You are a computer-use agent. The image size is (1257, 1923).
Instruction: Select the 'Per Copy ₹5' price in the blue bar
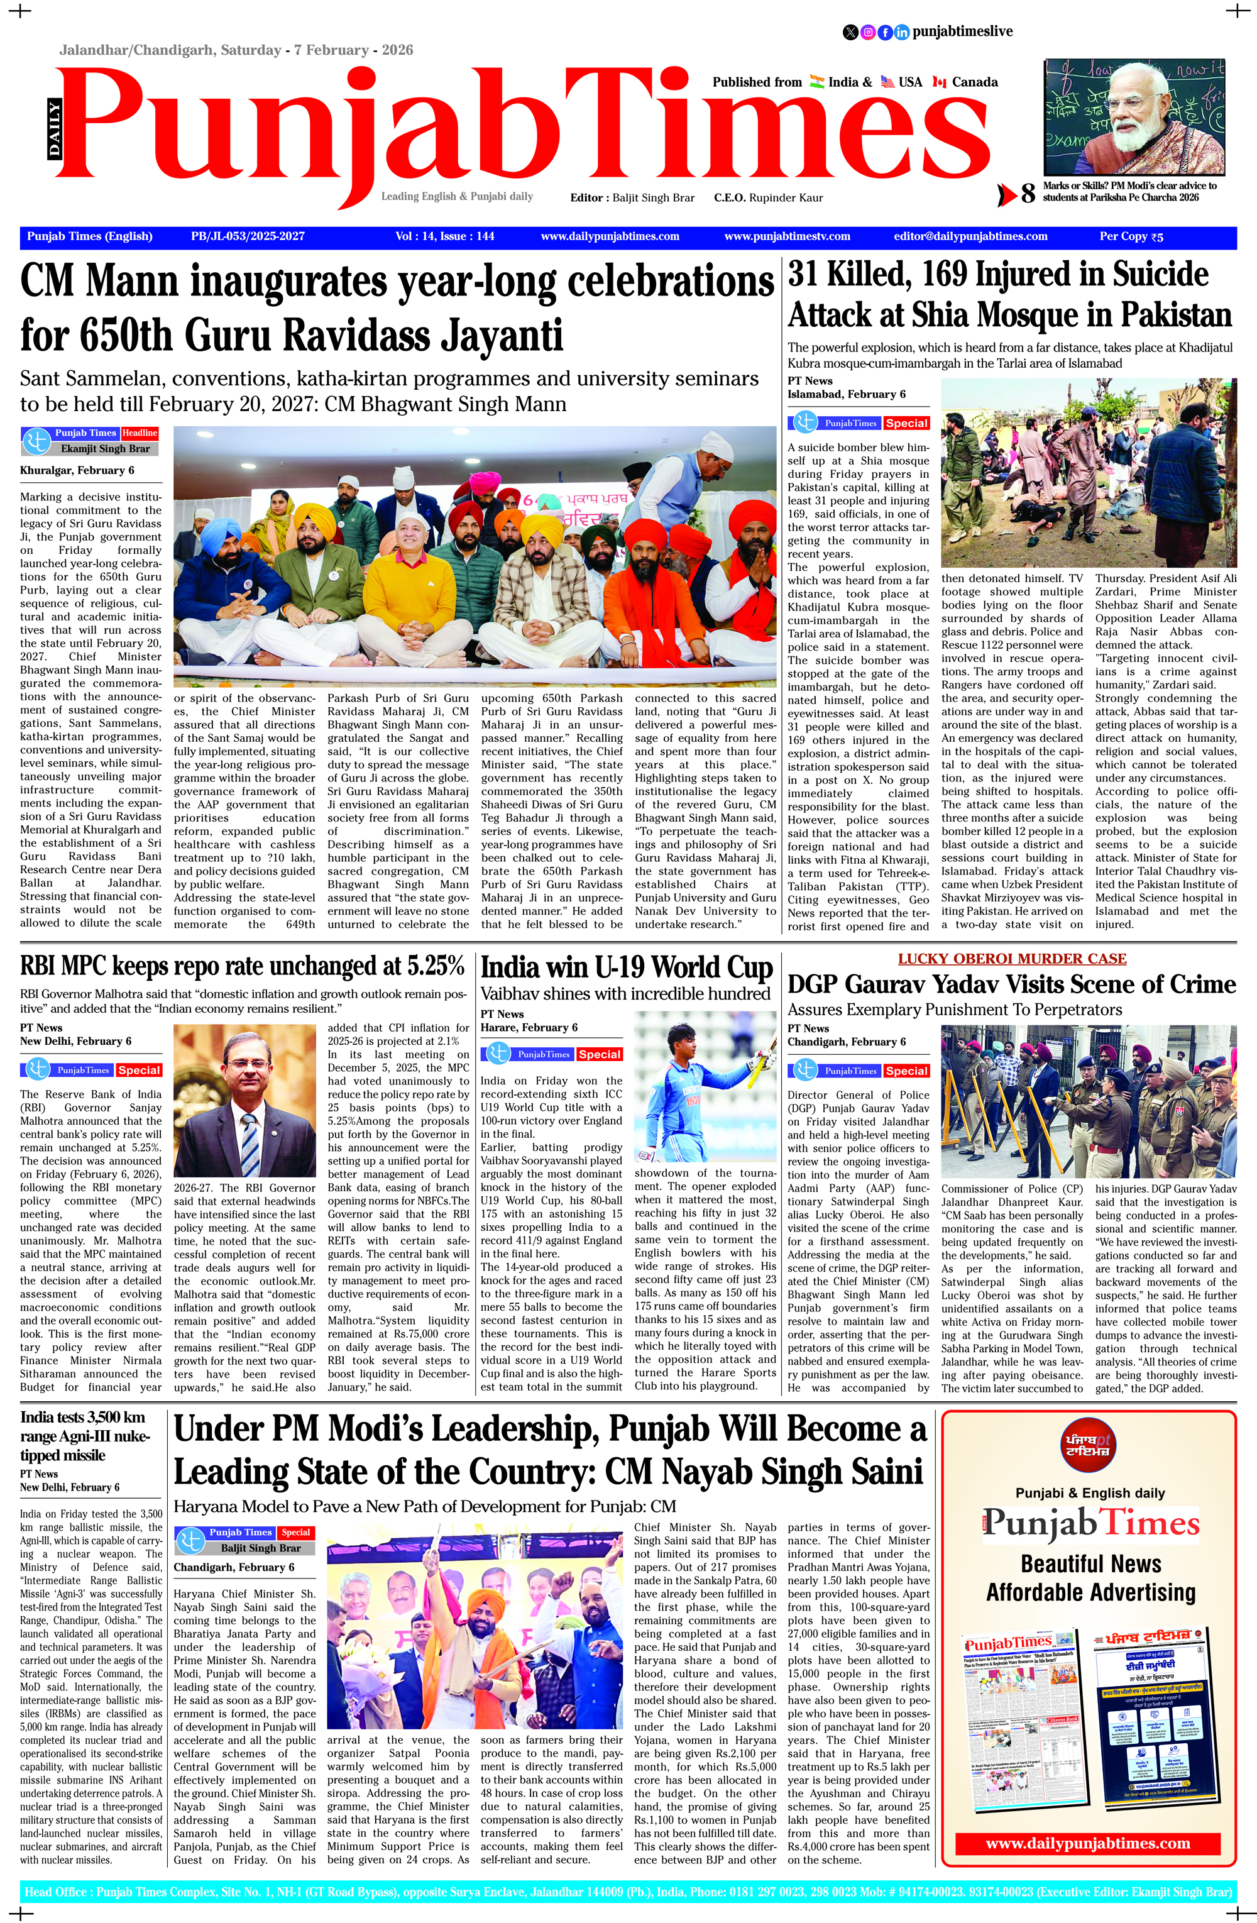pyautogui.click(x=1131, y=237)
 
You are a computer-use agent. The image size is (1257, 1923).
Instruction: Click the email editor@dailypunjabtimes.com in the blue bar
pyautogui.click(x=970, y=237)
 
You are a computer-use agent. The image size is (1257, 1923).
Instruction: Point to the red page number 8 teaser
pyautogui.click(x=1028, y=193)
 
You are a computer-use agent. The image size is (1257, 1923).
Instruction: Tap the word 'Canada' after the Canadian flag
pyautogui.click(x=975, y=82)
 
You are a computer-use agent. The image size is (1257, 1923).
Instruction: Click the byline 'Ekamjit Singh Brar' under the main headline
pyautogui.click(x=105, y=448)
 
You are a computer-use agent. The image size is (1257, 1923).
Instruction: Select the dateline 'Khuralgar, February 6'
pyautogui.click(x=77, y=470)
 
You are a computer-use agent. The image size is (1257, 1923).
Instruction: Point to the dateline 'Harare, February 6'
pyautogui.click(x=529, y=1028)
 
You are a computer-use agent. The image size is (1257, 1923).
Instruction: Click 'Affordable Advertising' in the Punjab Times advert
pyautogui.click(x=1090, y=1592)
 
